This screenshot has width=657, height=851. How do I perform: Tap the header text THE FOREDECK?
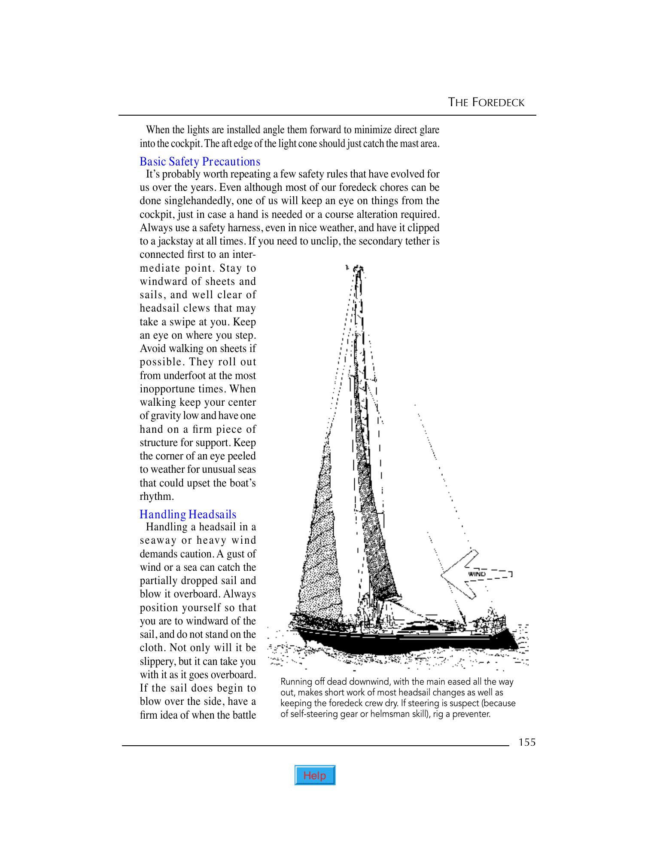click(486, 102)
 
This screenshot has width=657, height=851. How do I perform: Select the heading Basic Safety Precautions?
click(200, 162)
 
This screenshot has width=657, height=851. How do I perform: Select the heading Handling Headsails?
click(188, 514)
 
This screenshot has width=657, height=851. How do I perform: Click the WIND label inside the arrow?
click(477, 574)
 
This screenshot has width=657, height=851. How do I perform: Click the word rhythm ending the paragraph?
click(156, 496)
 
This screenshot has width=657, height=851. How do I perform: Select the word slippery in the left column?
click(157, 661)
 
